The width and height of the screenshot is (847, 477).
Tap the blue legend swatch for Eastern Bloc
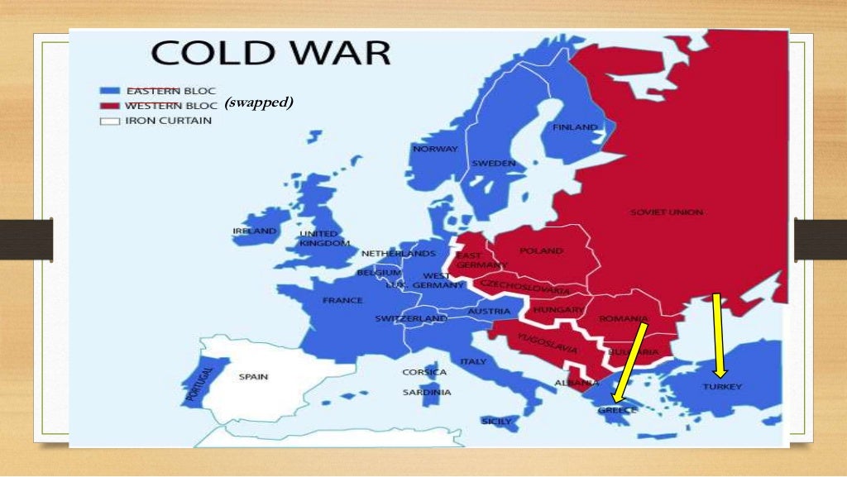(x=110, y=90)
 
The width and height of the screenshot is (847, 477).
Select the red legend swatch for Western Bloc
(x=110, y=106)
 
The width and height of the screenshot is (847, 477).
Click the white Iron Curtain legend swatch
(x=110, y=121)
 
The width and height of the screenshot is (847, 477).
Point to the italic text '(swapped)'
(x=259, y=103)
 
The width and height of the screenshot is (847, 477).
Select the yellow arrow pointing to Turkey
(x=718, y=335)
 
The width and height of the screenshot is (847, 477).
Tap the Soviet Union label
(x=666, y=212)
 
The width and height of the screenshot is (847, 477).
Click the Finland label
(x=575, y=127)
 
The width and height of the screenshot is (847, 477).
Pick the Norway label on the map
(x=435, y=149)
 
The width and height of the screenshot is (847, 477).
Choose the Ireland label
(x=255, y=231)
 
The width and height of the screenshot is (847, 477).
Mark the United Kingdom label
(x=318, y=239)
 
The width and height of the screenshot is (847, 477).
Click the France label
(x=342, y=300)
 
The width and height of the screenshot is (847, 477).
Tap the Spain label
(x=253, y=377)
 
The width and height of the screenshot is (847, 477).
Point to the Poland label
(x=541, y=250)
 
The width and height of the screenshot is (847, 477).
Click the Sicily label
(x=497, y=421)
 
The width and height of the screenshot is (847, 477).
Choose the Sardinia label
(x=427, y=392)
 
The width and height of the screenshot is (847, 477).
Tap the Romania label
(x=624, y=319)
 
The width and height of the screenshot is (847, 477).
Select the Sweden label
(x=494, y=163)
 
